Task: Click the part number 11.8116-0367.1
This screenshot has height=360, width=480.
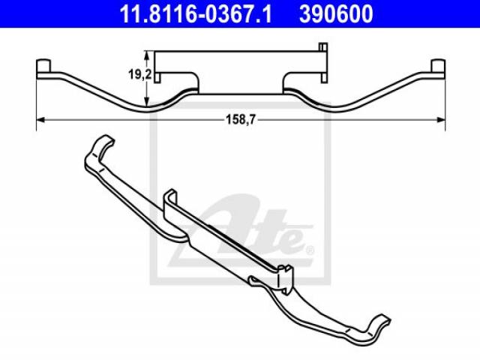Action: point(196,13)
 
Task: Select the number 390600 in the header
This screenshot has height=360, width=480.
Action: point(336,13)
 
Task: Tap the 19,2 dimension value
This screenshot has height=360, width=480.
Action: point(139,74)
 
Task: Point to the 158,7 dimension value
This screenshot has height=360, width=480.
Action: point(240,120)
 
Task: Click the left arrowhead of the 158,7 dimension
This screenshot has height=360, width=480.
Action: point(40,120)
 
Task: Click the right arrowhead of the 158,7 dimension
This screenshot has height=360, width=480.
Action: point(441,120)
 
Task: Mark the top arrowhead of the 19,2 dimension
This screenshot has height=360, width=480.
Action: point(147,55)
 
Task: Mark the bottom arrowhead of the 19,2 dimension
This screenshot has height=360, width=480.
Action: point(147,102)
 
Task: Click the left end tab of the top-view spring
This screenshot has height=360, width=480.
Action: point(43,66)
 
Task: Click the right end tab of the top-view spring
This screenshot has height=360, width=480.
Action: point(438,66)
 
